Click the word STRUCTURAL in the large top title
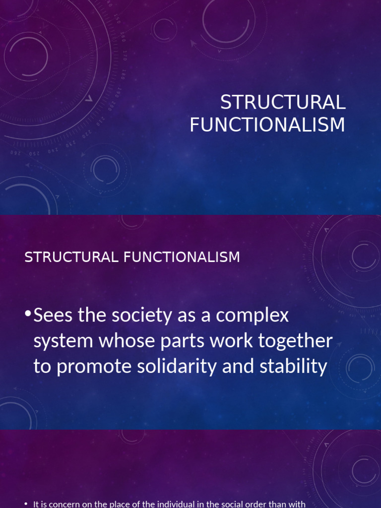click(x=283, y=103)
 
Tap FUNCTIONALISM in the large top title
click(x=267, y=125)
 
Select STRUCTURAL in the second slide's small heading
click(x=71, y=257)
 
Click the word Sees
click(x=54, y=316)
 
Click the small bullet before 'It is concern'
click(x=26, y=504)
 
